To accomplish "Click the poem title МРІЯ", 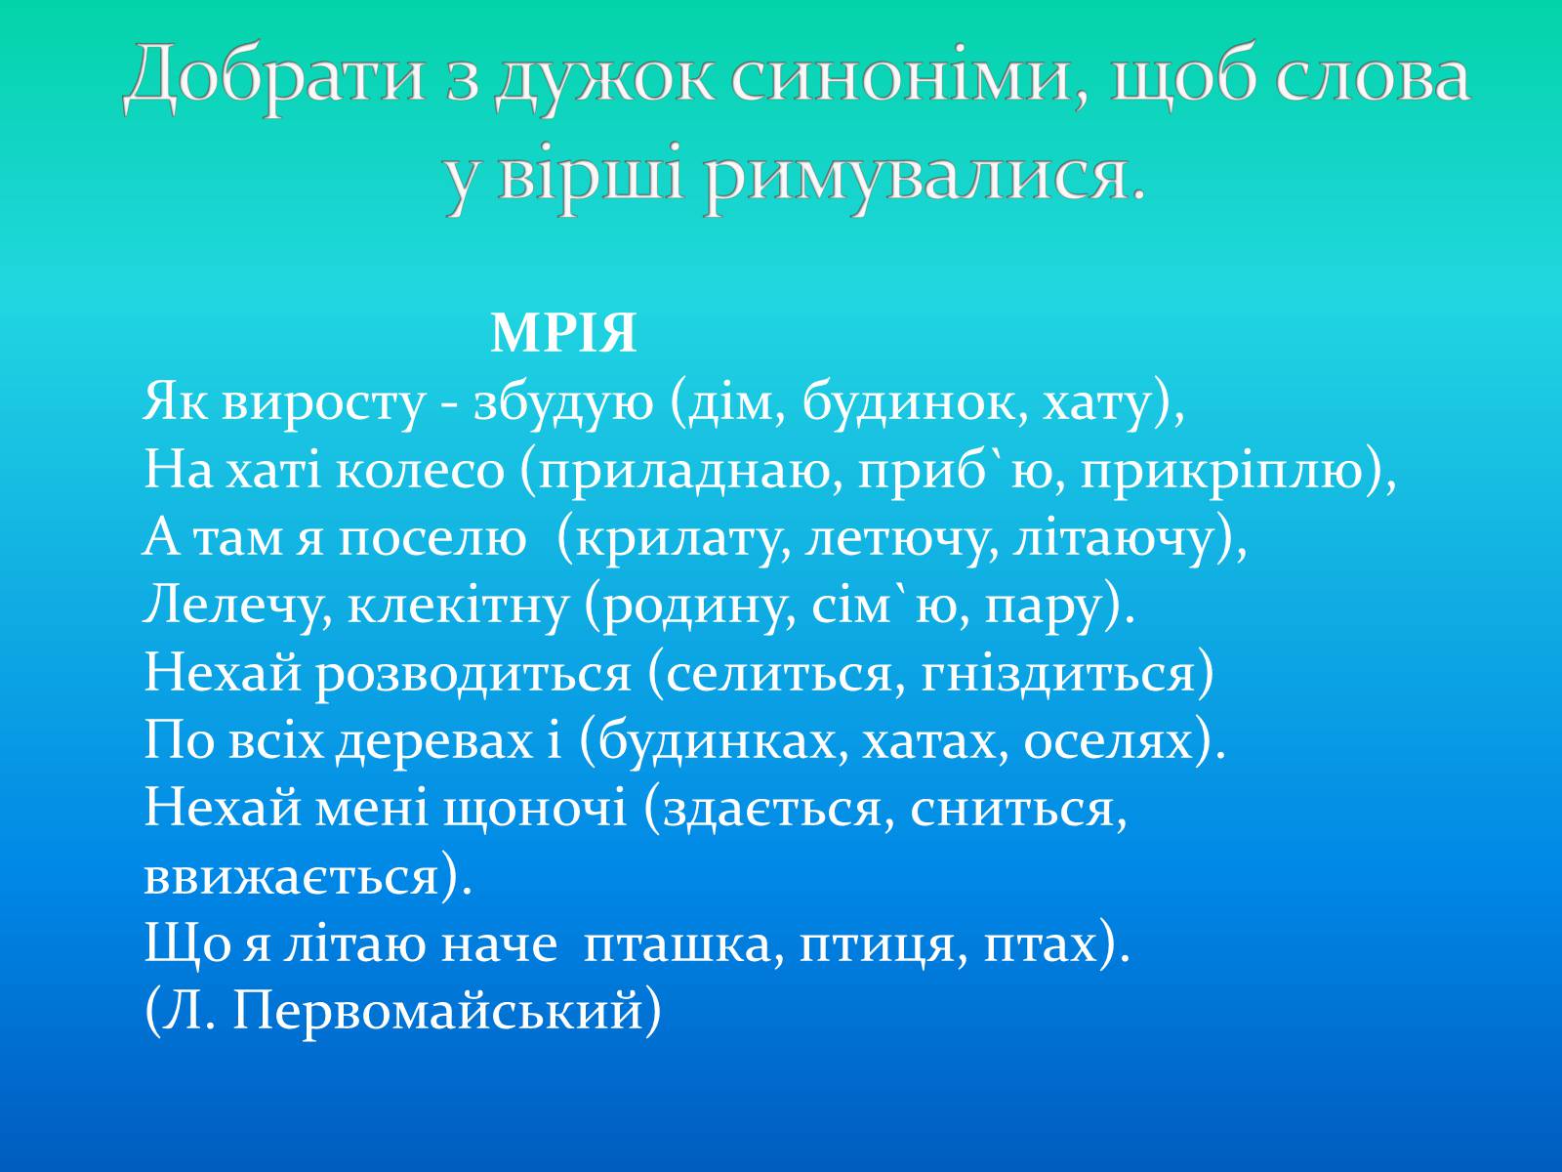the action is pyautogui.click(x=563, y=333).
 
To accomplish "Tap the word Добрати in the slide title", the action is pyautogui.click(x=275, y=77).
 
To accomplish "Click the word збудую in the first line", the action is pyautogui.click(x=563, y=402).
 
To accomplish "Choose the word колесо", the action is pyautogui.click(x=420, y=471).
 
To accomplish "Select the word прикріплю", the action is pyautogui.click(x=1221, y=473).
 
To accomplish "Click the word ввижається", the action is pyautogui.click(x=291, y=878).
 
